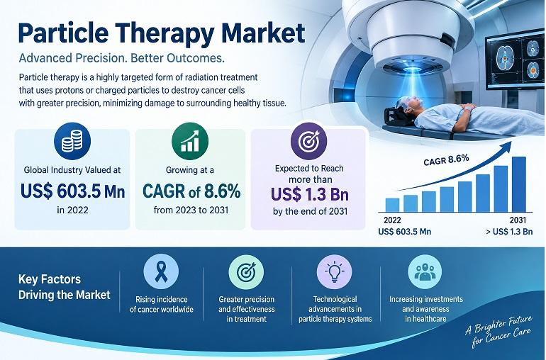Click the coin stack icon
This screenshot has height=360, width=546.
[72, 141]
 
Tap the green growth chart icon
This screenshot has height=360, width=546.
[190, 141]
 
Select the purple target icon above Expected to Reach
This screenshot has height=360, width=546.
[309, 141]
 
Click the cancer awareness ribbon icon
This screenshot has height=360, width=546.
[161, 272]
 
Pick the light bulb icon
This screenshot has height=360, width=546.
[334, 272]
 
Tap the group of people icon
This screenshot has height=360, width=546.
[425, 272]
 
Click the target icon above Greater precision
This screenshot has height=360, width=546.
[246, 272]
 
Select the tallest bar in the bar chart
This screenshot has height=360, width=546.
[519, 184]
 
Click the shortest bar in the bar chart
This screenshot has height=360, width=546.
[392, 205]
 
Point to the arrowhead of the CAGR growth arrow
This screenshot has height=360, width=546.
[507, 145]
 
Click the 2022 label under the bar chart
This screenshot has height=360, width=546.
[392, 220]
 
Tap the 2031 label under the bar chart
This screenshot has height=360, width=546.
[518, 220]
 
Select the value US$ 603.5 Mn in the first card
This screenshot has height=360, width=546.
[72, 191]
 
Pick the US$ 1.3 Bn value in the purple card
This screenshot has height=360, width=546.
[310, 195]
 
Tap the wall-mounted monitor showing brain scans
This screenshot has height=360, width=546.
[515, 60]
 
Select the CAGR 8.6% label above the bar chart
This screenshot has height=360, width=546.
[447, 160]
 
